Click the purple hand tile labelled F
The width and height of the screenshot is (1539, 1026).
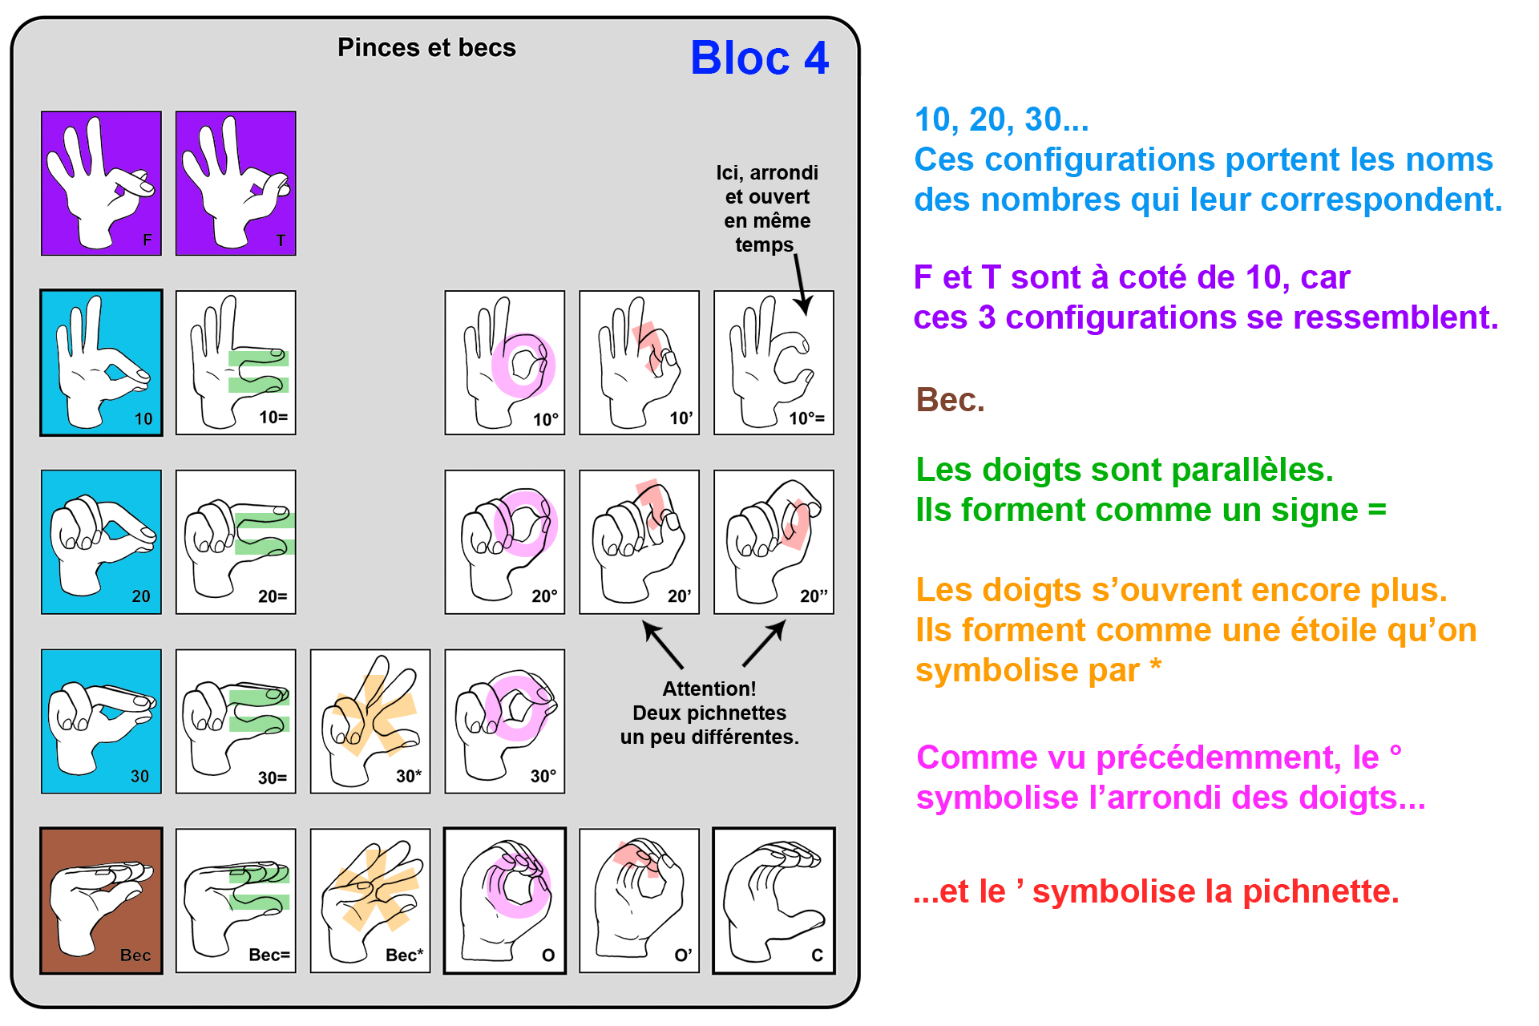pyautogui.click(x=101, y=184)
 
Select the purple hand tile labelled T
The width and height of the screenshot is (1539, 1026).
pyautogui.click(x=236, y=184)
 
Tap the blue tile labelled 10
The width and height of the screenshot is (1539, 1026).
pyautogui.click(x=101, y=363)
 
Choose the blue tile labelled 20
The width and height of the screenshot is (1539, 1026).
pyautogui.click(x=101, y=542)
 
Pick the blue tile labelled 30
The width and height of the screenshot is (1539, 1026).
pyautogui.click(x=101, y=721)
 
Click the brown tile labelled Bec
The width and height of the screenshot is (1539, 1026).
pyautogui.click(x=101, y=901)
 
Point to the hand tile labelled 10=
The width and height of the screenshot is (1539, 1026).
pyautogui.click(x=236, y=363)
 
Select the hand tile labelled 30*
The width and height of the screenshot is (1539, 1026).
pyautogui.click(x=370, y=721)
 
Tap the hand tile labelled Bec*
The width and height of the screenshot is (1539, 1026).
pyautogui.click(x=370, y=901)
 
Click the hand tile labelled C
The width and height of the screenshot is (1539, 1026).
pyautogui.click(x=774, y=901)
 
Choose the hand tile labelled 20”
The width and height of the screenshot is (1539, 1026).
pyautogui.click(x=774, y=542)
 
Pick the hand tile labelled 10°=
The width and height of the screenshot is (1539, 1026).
pyautogui.click(x=774, y=363)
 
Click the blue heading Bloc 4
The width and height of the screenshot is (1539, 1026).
pyautogui.click(x=759, y=59)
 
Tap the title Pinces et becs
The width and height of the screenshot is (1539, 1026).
pyautogui.click(x=426, y=48)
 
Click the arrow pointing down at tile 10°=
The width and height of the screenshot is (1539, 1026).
pyautogui.click(x=801, y=285)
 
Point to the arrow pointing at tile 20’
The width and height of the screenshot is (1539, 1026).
pyautogui.click(x=662, y=644)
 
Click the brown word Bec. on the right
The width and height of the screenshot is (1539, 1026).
pyautogui.click(x=950, y=400)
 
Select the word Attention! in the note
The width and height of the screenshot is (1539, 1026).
pyautogui.click(x=709, y=689)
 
